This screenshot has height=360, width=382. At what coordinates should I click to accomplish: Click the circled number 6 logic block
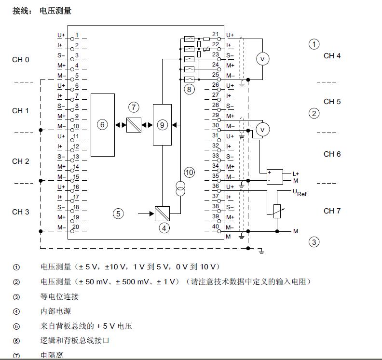[103, 125]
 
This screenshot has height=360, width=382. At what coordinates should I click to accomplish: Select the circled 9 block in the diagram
[162, 125]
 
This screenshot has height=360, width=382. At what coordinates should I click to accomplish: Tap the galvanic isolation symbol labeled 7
[134, 125]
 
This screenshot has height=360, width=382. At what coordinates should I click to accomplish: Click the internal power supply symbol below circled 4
[162, 213]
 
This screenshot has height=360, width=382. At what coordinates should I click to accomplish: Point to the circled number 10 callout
[190, 172]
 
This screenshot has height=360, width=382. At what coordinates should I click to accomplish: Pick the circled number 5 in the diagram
[119, 213]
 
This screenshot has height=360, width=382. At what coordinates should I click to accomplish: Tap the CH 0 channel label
[21, 60]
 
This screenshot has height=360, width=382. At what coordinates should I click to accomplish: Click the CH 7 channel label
[332, 211]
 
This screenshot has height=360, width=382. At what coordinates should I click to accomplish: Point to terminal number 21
[215, 35]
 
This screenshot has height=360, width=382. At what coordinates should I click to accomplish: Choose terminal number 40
[215, 227]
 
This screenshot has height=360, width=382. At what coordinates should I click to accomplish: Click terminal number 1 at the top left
[77, 36]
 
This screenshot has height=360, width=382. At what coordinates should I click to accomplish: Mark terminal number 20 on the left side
[76, 227]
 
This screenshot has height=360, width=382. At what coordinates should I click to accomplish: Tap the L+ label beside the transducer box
[296, 173]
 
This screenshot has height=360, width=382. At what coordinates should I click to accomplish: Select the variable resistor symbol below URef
[277, 210]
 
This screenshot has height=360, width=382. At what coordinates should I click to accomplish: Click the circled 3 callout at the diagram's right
[314, 242]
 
